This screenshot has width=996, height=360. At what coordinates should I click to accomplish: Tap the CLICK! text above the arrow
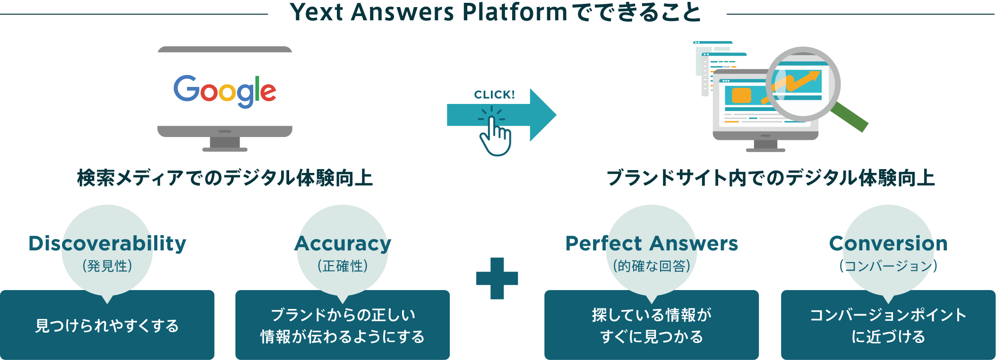[x=494, y=95]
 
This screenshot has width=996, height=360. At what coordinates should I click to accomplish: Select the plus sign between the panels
[x=497, y=278]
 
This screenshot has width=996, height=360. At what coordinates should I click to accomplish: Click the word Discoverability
[x=107, y=244]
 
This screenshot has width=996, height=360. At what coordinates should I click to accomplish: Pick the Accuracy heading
[x=343, y=244]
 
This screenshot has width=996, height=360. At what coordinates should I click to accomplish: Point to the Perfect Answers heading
[x=652, y=244]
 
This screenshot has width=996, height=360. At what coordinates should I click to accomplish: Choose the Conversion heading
[x=888, y=244]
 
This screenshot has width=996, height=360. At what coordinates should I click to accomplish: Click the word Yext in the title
[x=316, y=12]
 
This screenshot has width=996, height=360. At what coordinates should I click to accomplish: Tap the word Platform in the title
[x=515, y=12]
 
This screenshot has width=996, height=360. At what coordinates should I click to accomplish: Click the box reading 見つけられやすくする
[x=107, y=326]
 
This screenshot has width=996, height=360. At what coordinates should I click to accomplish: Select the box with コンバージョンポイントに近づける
[x=888, y=326]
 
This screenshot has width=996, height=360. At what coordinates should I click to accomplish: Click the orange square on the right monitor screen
[x=741, y=95]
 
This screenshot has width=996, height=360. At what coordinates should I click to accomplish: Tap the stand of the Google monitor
[x=225, y=144]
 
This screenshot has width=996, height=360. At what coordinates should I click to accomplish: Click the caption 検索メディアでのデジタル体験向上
[x=225, y=178]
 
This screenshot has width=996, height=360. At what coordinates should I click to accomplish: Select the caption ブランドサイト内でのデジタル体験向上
[x=771, y=178]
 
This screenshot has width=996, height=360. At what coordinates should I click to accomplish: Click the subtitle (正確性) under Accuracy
[x=343, y=266]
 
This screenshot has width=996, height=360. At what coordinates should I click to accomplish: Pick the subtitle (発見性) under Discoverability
[x=107, y=266]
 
